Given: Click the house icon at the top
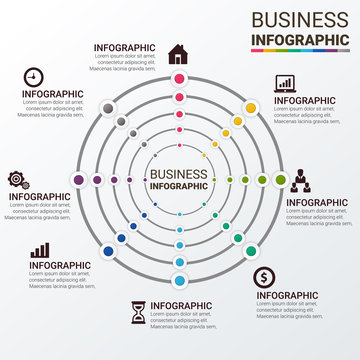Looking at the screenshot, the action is pos(178,52).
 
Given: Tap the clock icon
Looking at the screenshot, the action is pos(33,77).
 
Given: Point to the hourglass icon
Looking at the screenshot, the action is pos(137,313).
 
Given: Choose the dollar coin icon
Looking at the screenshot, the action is pos(263,278).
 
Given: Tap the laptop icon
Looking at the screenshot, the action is pos(284,84).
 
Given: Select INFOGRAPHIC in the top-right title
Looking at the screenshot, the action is pos(299,39).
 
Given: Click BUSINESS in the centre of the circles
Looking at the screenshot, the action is pos(179,174).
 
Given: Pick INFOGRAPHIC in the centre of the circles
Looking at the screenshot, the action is pos(179,186).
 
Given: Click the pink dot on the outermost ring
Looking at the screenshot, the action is pos(179,79).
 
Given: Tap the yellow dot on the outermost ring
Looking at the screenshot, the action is pos(251,108).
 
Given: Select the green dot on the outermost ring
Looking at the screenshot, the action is pos(281,180).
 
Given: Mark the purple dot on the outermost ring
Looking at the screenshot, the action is pos(78,180).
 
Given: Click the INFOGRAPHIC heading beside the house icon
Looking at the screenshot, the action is pos(124,47).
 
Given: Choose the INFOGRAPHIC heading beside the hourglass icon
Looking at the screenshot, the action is pos(181,305).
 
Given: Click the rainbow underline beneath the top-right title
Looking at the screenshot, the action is pos(299,50).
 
